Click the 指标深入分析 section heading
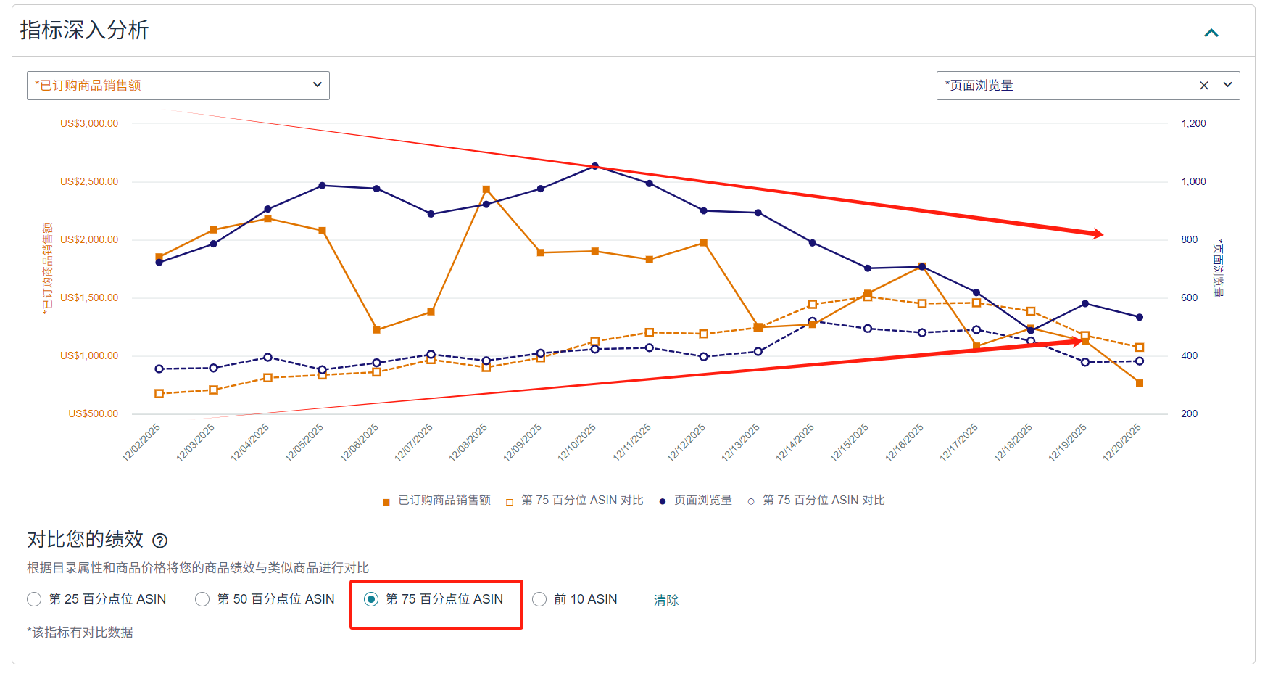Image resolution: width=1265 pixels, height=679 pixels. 84,30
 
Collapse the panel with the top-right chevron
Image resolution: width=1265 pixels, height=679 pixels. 1211,33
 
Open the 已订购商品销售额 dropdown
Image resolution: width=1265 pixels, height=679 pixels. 178,86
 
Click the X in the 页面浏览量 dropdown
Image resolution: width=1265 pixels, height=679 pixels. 1204,86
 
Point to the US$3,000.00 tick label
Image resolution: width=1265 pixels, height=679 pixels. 89,124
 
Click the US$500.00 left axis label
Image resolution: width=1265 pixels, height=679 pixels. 93,414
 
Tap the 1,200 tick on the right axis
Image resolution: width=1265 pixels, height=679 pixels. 1193,124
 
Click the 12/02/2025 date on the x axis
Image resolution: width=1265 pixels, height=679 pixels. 141,443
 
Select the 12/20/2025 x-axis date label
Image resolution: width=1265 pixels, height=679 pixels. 1122,443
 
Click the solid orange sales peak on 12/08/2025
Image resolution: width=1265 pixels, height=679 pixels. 486,190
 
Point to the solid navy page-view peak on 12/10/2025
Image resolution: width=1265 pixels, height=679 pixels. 595,167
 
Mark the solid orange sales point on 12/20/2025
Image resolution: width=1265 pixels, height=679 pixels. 1140,383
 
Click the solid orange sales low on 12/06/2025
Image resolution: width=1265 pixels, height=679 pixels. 377,330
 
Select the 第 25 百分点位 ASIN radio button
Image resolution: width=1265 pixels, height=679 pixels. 34,599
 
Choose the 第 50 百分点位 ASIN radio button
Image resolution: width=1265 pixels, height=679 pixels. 202,599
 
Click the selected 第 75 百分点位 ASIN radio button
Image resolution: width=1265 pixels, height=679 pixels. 371,599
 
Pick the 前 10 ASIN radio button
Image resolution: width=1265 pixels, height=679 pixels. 539,599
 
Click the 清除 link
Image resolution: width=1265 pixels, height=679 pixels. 666,600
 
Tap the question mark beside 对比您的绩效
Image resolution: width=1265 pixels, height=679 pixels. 160,540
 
